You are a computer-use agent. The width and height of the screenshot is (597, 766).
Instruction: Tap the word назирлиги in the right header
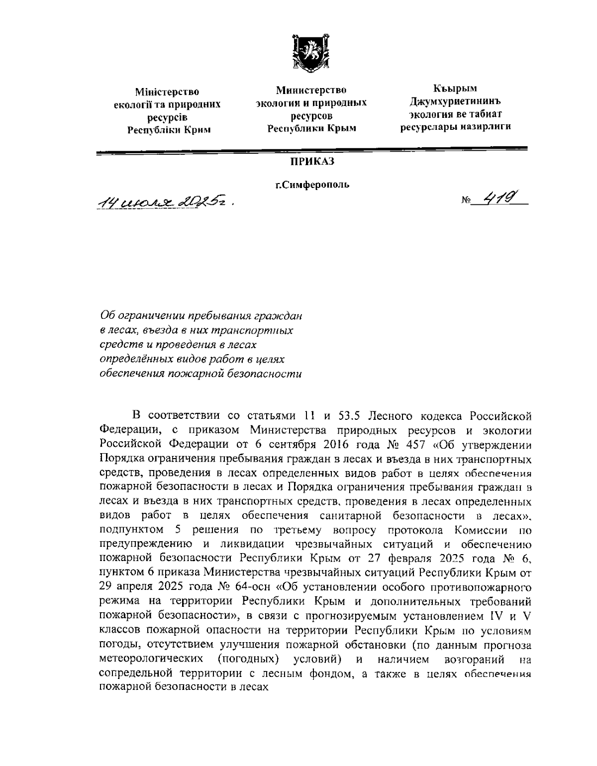pos(486,127)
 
